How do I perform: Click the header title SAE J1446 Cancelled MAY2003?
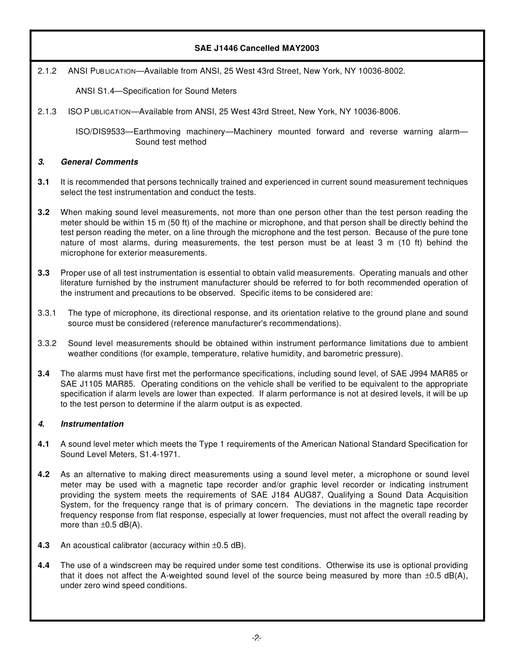(x=256, y=48)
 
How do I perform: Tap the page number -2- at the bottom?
(x=256, y=638)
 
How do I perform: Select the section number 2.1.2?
(x=47, y=71)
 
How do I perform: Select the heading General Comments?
(x=99, y=162)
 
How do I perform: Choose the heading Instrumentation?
(x=92, y=424)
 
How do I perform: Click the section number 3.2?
(x=43, y=212)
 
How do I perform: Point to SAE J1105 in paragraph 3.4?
(x=78, y=384)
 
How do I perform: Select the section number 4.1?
(x=43, y=444)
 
